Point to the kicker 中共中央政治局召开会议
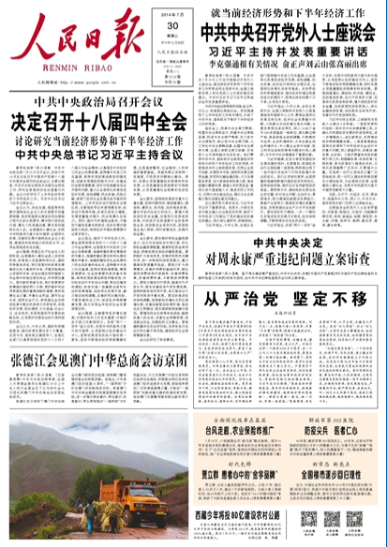(99, 103)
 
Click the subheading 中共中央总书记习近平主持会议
(99, 155)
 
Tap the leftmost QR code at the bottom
(308, 520)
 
